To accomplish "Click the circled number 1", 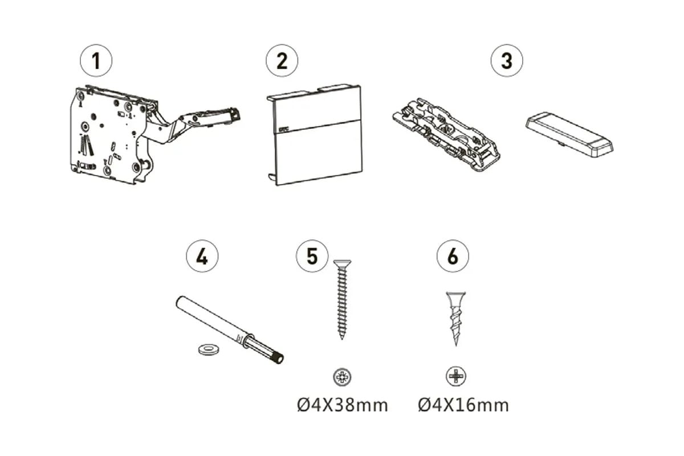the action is (96, 60).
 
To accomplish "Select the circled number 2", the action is (282, 60).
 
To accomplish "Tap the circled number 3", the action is (507, 60).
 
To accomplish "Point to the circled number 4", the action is (202, 256).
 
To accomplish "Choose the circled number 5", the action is (312, 256).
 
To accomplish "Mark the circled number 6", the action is (453, 256).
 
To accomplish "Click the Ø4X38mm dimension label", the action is (343, 406).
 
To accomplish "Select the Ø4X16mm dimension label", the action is (463, 406).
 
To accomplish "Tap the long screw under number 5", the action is (342, 299).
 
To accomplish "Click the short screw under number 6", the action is (455, 319).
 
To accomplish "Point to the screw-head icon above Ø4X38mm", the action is (342, 377).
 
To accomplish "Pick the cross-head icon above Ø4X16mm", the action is (456, 376).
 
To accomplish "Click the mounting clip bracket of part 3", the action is (446, 134).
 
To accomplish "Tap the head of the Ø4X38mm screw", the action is (343, 263).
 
